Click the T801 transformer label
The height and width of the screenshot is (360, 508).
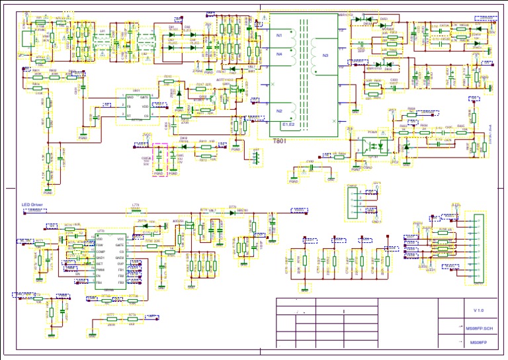(x=280, y=140)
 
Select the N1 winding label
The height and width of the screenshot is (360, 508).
(x=279, y=34)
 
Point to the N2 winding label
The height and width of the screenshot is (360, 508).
(x=279, y=111)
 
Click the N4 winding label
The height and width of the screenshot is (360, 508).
(x=279, y=54)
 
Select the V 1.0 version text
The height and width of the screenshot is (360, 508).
(x=478, y=310)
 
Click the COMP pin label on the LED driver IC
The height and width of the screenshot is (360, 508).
(x=101, y=252)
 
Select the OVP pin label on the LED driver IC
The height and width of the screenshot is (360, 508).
(x=120, y=263)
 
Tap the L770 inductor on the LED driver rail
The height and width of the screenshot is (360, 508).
(x=136, y=211)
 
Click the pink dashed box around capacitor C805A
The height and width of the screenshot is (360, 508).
(x=159, y=159)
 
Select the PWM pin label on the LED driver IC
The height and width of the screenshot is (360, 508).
(x=101, y=270)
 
